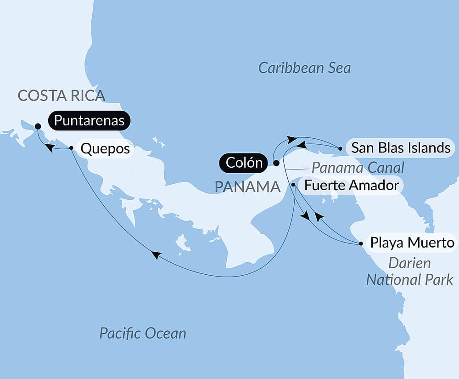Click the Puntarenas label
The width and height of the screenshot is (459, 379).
coord(90,121)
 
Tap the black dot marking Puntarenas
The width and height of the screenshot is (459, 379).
coord(38,126)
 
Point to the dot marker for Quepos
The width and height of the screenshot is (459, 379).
coord(71,148)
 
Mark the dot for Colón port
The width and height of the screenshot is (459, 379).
coord(276,163)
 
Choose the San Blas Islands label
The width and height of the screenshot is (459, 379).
coord(400,148)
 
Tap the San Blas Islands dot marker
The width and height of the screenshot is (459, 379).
coord(340,148)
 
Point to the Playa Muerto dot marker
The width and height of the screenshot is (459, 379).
coord(361,243)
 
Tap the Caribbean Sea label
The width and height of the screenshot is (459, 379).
coord(304,68)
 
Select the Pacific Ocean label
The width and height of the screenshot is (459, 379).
coord(143,333)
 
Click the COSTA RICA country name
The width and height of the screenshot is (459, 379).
coord(61,96)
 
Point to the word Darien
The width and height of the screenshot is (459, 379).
coord(409,263)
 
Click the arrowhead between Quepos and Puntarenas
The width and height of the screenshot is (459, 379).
coord(51,147)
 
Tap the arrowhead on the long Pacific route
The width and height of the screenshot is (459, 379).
coord(157,255)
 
